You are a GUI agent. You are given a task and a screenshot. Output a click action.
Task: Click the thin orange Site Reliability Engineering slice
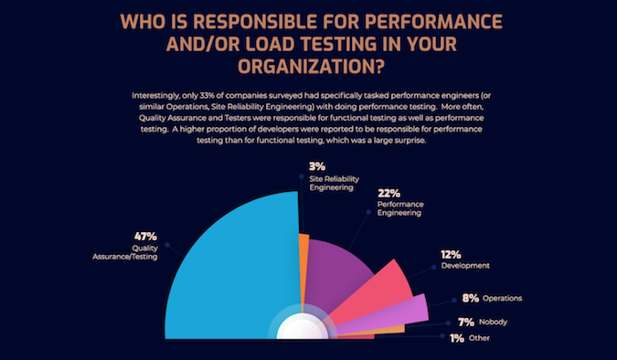(303, 274)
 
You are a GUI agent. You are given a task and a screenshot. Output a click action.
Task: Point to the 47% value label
(145, 235)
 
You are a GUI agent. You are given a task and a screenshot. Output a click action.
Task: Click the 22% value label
(389, 194)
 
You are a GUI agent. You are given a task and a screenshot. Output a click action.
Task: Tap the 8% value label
(471, 298)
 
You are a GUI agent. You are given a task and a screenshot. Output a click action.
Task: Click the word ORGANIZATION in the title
(298, 66)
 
